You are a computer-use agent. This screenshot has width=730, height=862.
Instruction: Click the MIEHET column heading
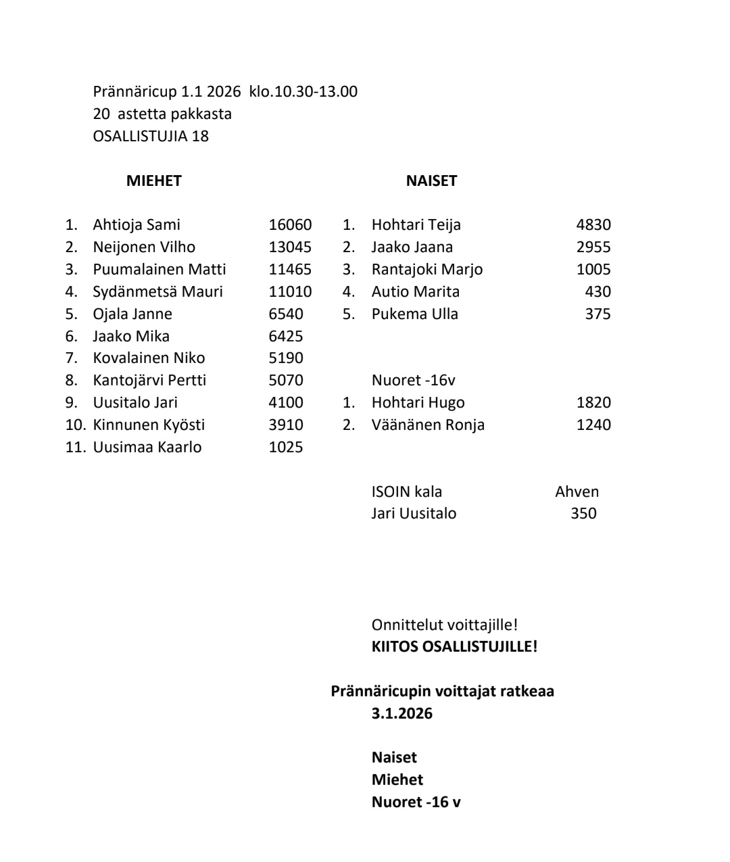[153, 181]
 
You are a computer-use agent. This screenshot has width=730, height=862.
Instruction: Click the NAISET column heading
[431, 181]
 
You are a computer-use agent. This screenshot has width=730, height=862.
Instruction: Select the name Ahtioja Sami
[137, 225]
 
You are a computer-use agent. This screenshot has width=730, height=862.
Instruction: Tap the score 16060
[290, 225]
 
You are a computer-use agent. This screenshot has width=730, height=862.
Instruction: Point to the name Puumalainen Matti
[160, 270]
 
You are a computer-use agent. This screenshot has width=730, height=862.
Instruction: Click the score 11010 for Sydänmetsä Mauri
[290, 292]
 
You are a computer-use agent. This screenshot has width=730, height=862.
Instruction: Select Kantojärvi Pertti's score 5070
[286, 381]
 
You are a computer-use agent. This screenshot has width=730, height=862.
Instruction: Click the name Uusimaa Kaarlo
[147, 448]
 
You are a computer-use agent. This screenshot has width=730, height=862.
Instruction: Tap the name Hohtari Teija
[416, 225]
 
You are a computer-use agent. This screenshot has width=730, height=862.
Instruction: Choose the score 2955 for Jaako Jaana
[593, 247]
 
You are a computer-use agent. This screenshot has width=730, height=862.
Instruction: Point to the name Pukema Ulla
[414, 314]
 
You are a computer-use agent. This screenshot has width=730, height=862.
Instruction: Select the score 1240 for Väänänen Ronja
[593, 425]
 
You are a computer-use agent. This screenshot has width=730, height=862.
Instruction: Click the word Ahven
[577, 492]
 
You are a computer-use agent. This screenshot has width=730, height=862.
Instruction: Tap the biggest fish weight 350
[583, 514]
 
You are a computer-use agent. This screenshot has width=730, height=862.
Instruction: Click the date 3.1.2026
[401, 714]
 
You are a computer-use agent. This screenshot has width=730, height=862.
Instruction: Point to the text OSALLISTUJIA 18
[151, 137]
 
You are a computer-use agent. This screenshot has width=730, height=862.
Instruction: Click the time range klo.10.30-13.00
[303, 92]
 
